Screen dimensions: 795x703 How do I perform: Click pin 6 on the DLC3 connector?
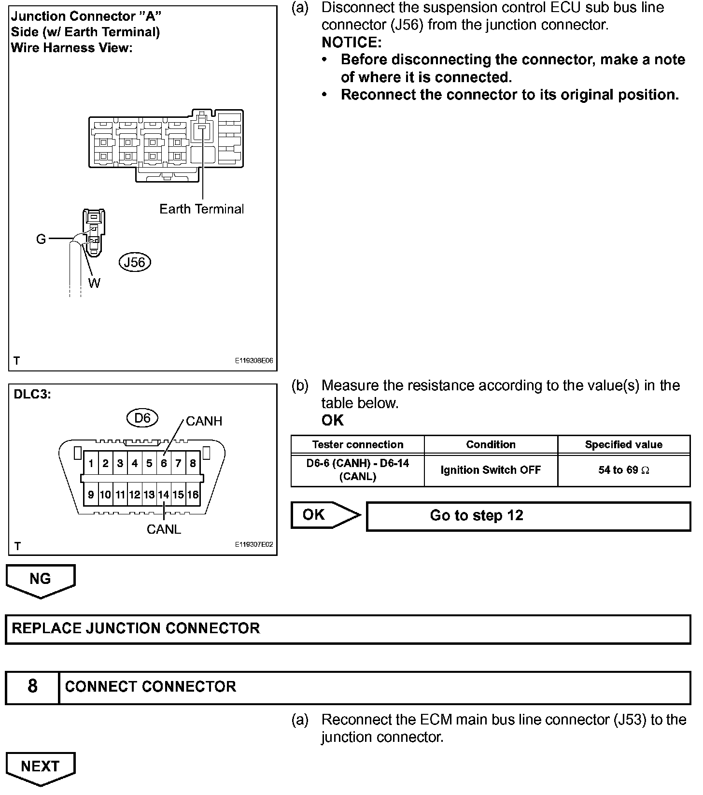pos(164,464)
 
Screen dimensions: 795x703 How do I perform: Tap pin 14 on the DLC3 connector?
pos(164,495)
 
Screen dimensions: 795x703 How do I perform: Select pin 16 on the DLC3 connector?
pos(193,495)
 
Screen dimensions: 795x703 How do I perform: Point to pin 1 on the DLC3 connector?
pos(91,464)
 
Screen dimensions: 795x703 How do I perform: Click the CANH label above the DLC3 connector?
pos(204,421)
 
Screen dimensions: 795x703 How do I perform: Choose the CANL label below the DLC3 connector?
pos(164,529)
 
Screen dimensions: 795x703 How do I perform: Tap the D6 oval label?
pos(142,418)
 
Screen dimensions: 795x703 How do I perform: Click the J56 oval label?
pos(135,262)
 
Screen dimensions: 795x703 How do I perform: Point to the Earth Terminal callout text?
pos(201,209)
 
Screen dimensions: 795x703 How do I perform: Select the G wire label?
pos(41,239)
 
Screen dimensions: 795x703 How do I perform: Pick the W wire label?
pos(94,283)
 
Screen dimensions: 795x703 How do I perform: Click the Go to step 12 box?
pos(528,516)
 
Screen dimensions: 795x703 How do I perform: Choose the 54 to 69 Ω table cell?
pos(623,470)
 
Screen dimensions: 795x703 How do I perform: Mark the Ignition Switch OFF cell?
pos(491,470)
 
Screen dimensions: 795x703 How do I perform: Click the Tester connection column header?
pos(357,444)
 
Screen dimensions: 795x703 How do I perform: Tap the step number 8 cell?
pos(32,686)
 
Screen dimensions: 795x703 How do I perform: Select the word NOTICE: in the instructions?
pos(351,43)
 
